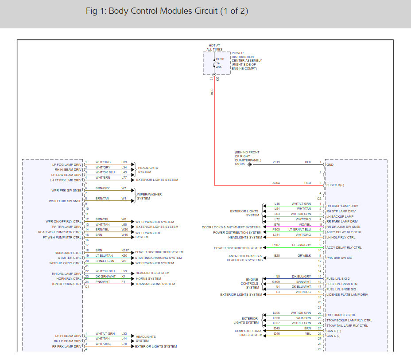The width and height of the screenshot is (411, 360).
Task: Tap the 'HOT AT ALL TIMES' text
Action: click(x=215, y=47)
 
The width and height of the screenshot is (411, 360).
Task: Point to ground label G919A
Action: click(x=240, y=164)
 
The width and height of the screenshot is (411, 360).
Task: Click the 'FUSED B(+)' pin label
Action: click(x=335, y=185)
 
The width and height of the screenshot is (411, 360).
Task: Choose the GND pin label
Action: click(x=330, y=164)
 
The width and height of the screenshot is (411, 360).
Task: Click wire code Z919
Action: click(x=276, y=163)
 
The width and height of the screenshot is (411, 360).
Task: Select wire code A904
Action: click(x=276, y=183)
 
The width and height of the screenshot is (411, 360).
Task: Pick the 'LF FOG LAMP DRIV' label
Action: click(x=67, y=164)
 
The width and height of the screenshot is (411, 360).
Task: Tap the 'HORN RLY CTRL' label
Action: click(x=69, y=279)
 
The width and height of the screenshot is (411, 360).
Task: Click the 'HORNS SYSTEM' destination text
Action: click(x=148, y=279)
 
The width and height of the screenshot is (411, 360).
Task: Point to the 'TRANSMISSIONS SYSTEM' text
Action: click(x=155, y=284)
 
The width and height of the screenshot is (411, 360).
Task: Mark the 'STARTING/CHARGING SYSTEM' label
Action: click(x=158, y=258)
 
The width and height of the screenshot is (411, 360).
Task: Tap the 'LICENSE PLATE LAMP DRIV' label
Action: click(x=347, y=294)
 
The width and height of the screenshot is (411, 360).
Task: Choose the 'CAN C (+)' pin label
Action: click(x=334, y=331)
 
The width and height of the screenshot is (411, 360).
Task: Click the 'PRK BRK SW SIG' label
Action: click(x=340, y=258)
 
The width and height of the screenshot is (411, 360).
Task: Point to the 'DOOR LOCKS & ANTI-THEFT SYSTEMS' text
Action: click(x=231, y=227)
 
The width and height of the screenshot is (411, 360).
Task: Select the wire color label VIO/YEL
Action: click(x=305, y=224)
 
